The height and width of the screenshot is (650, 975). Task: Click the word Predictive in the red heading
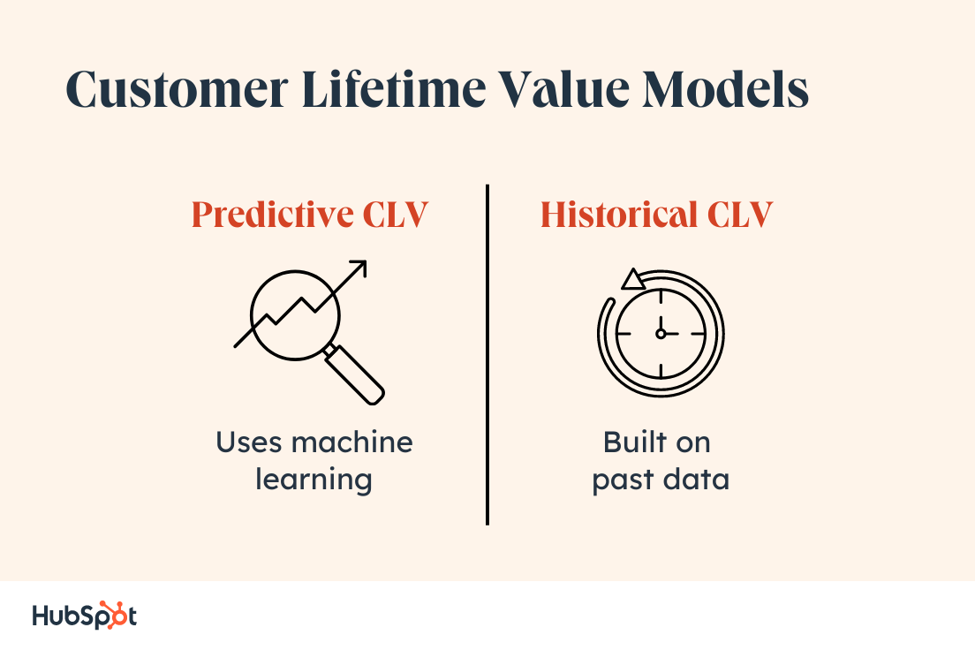click(266, 215)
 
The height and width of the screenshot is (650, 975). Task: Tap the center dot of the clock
click(661, 334)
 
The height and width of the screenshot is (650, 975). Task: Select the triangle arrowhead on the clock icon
click(632, 281)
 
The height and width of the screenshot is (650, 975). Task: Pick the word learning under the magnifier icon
click(314, 480)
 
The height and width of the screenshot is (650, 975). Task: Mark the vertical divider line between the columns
click(487, 353)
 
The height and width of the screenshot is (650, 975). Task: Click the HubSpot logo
click(85, 615)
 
